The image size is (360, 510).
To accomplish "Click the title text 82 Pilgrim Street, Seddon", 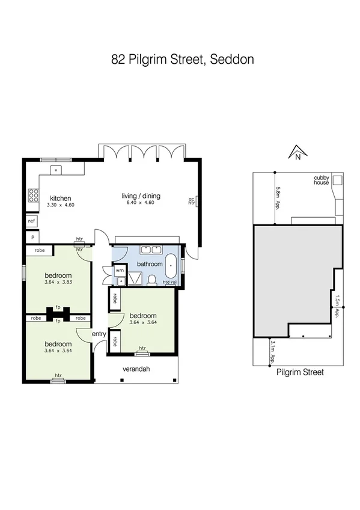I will pos(183,60).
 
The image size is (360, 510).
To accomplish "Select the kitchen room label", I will pos(61,198).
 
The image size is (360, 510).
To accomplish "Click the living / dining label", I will pos(141,196).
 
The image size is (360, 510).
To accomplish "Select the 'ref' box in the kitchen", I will pos(32,221).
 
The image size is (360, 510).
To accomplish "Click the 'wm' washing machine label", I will pos(119,271).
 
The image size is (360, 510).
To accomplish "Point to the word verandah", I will pos(136,369).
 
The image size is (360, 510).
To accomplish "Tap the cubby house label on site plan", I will pos(322,180).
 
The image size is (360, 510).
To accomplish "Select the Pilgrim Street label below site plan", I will pos(300,372).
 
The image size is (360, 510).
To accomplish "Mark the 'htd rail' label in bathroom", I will pos(170,282).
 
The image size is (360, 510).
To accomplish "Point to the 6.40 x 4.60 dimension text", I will pos(141,203).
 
